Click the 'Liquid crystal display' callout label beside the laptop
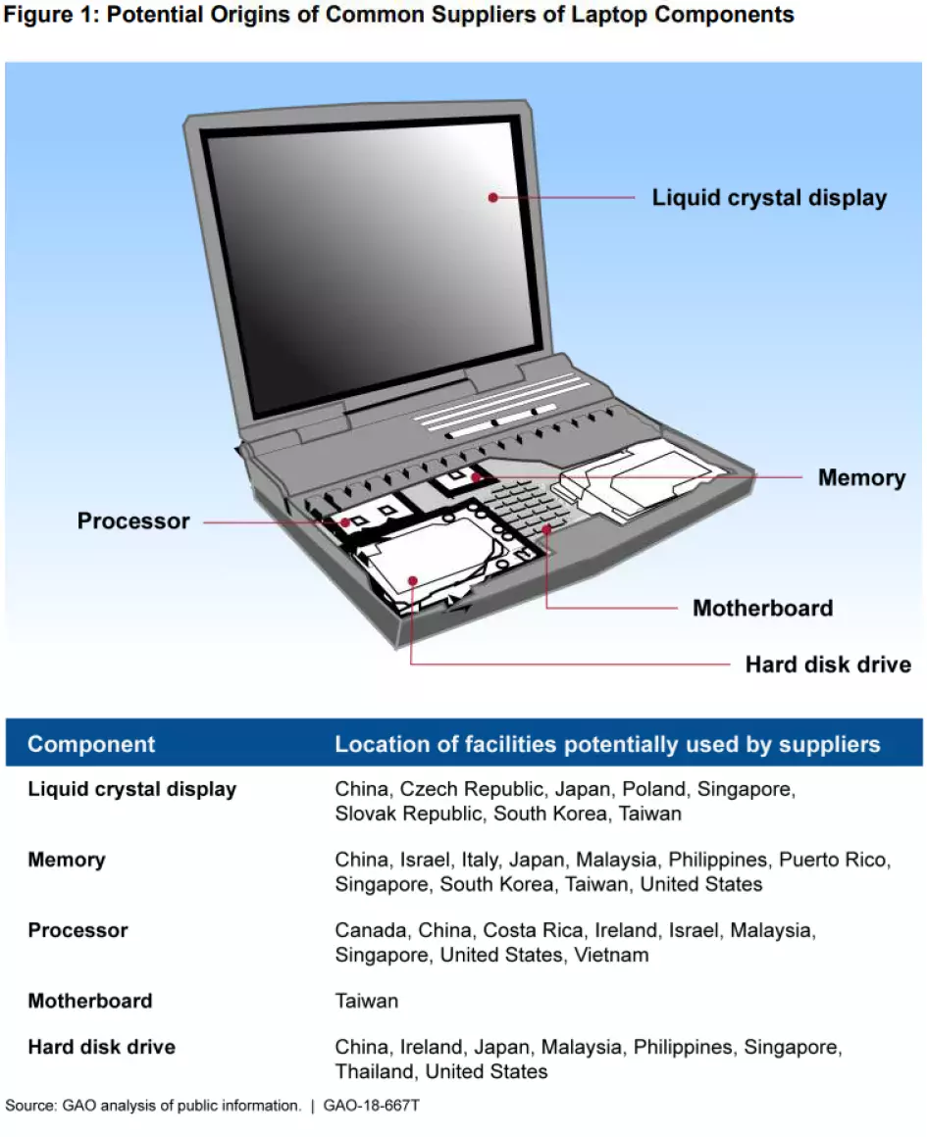(x=769, y=198)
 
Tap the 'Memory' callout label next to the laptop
(x=861, y=478)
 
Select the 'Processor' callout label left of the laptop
(x=133, y=521)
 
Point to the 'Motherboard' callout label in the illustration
(x=762, y=609)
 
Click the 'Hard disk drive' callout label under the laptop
(x=828, y=666)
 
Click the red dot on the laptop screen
(x=493, y=197)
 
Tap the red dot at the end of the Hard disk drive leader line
(x=413, y=580)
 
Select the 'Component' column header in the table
(x=91, y=744)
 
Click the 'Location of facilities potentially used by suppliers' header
(x=607, y=744)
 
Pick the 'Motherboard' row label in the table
(x=90, y=1001)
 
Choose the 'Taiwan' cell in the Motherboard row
(x=367, y=1001)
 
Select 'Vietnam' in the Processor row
(x=611, y=955)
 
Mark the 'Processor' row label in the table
(x=77, y=930)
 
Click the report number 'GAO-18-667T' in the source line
(x=374, y=1106)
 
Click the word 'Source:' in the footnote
(x=31, y=1106)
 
